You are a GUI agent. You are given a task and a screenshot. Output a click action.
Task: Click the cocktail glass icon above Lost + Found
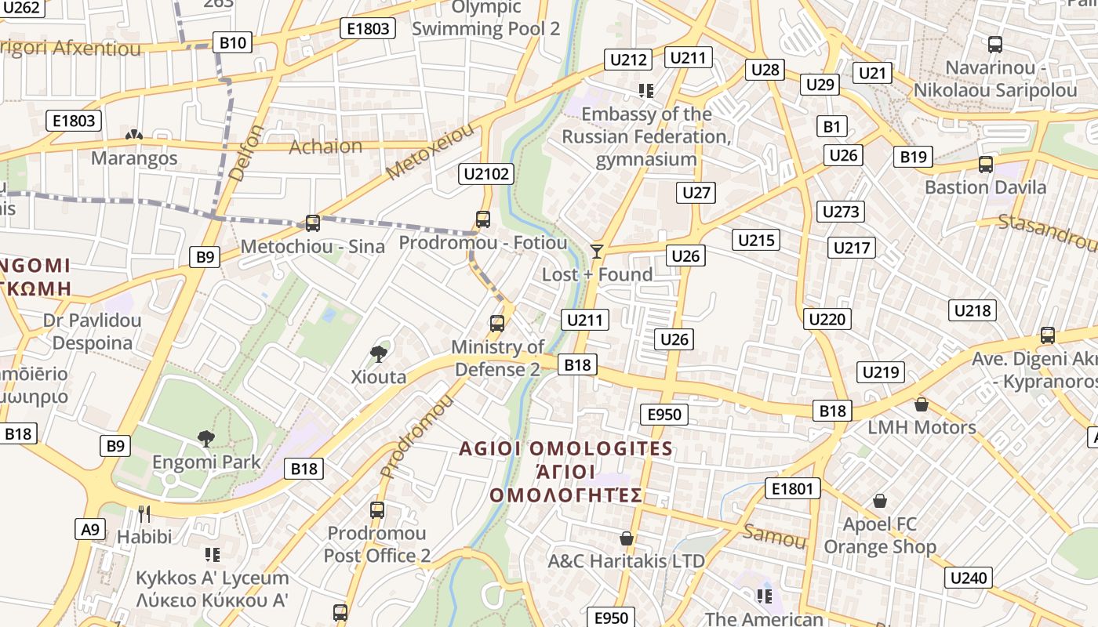pos(597,252)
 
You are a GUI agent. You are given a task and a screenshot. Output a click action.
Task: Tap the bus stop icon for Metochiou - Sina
pos(313,223)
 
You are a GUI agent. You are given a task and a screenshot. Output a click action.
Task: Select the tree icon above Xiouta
pos(379,353)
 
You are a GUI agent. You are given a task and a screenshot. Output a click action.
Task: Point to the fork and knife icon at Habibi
pos(144,514)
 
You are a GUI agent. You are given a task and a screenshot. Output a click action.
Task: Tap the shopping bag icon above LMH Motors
pos(922,404)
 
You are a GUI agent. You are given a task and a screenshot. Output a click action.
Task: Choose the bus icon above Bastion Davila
pos(986,165)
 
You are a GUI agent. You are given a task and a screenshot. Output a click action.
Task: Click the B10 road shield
pos(233,42)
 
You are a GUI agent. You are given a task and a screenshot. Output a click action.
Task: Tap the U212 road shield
pos(629,60)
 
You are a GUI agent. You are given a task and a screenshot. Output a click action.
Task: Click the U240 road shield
pos(969,578)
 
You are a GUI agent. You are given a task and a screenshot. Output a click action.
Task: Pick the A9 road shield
pos(90,529)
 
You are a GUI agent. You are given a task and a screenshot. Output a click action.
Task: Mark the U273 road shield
pos(842,212)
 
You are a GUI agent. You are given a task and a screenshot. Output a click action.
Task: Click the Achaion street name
pos(325,147)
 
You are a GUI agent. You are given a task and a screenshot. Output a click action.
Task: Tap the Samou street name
pos(774,536)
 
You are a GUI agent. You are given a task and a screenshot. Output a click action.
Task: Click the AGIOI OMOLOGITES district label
pos(565,449)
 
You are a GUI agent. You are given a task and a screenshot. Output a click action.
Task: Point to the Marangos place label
pos(134,158)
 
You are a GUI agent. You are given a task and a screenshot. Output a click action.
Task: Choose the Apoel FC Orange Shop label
pos(880,535)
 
